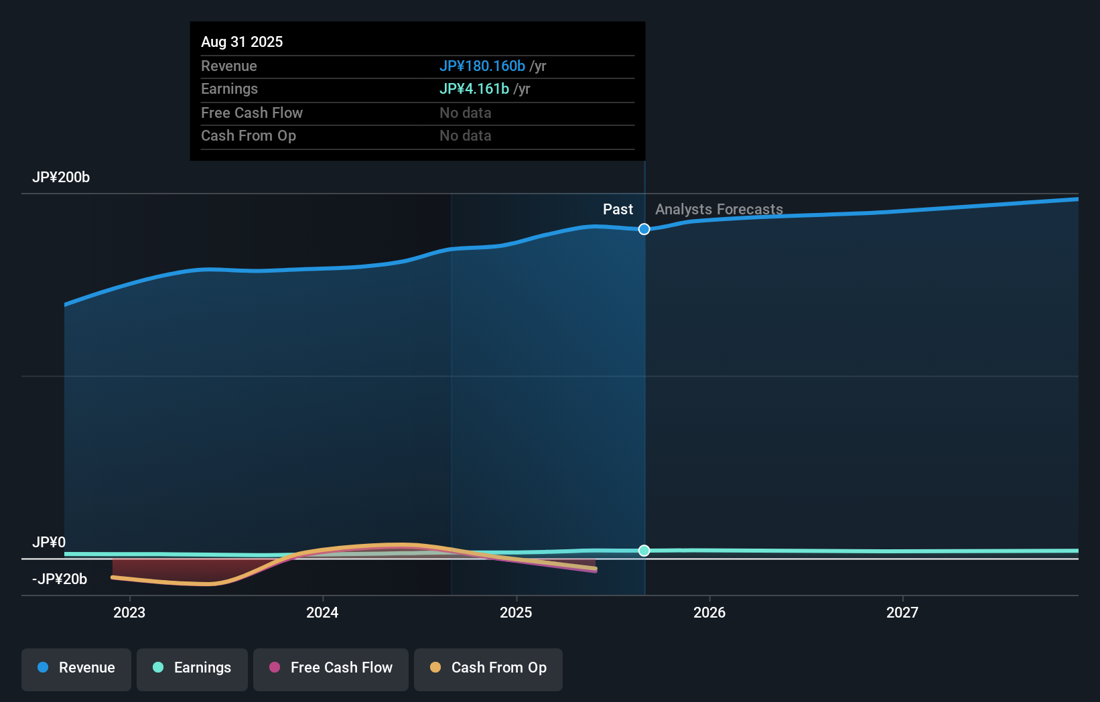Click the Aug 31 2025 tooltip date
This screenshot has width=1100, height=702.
(242, 42)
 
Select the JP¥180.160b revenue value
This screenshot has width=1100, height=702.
(482, 66)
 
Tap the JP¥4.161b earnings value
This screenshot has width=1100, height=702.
(474, 89)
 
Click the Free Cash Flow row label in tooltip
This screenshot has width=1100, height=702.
(251, 113)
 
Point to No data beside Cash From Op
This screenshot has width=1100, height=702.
(465, 136)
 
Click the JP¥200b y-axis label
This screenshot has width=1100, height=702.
(61, 178)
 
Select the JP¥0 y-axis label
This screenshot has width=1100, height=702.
(49, 542)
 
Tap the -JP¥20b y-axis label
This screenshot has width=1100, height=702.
(60, 579)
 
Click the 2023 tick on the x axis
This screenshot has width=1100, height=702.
(129, 612)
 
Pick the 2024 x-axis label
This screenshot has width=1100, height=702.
(322, 612)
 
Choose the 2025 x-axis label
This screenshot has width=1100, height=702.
(516, 612)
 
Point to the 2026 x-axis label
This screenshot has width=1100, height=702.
(709, 612)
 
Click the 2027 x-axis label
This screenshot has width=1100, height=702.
(902, 612)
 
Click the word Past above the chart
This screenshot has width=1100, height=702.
(617, 210)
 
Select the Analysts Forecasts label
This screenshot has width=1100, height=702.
(718, 210)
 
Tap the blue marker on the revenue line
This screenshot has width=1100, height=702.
(644, 229)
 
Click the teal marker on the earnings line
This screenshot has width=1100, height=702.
(644, 551)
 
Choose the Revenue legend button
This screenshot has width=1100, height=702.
(76, 668)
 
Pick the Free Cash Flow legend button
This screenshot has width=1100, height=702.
(331, 668)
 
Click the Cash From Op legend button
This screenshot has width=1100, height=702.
(488, 668)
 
